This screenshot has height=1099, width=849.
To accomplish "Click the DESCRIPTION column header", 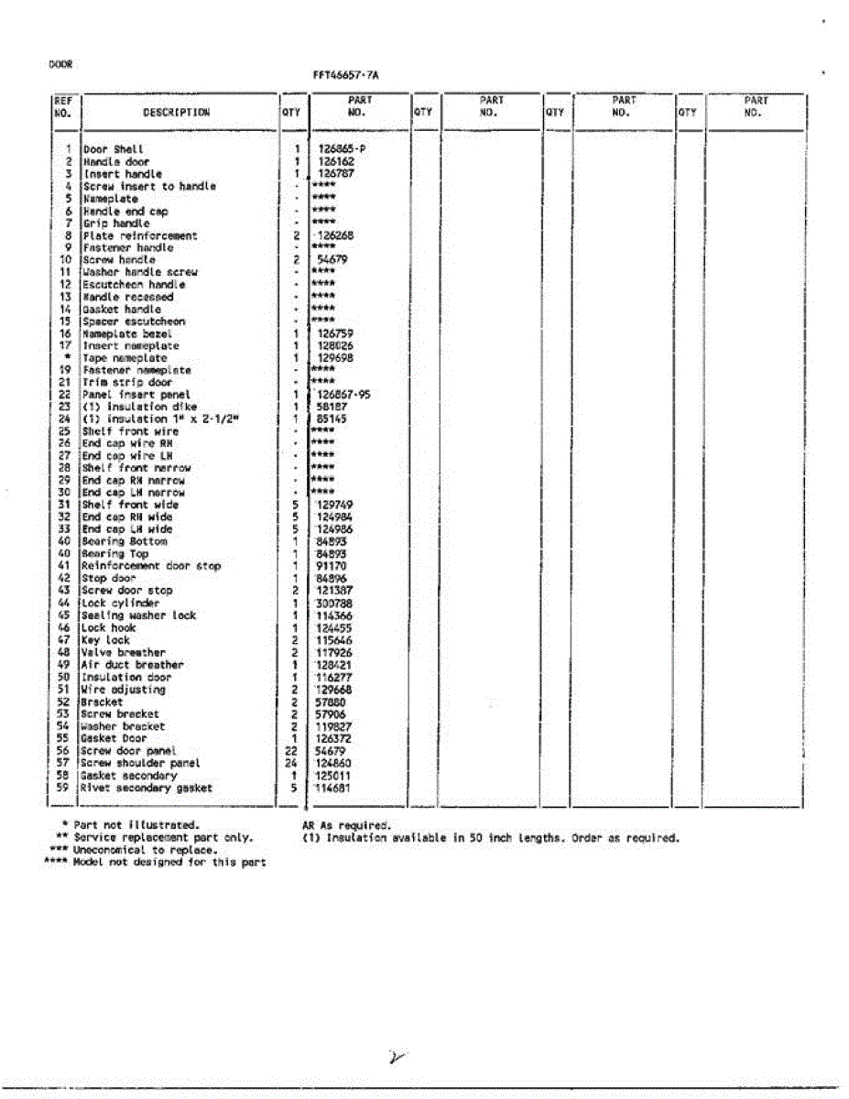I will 176,113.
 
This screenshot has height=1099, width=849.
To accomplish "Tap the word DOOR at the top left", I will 60,64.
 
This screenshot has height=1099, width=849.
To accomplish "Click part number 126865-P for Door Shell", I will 347,149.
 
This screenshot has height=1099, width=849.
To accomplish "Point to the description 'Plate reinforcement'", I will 139,235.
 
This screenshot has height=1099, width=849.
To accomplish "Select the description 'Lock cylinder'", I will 120,604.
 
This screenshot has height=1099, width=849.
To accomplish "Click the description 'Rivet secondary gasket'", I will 147,788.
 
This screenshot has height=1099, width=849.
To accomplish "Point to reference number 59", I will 63,788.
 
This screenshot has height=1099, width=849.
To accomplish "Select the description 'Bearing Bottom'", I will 125,542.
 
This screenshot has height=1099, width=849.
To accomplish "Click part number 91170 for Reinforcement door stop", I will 332,567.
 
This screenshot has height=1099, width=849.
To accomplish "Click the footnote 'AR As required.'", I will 346,825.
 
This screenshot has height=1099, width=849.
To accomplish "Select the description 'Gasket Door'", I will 114,738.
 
